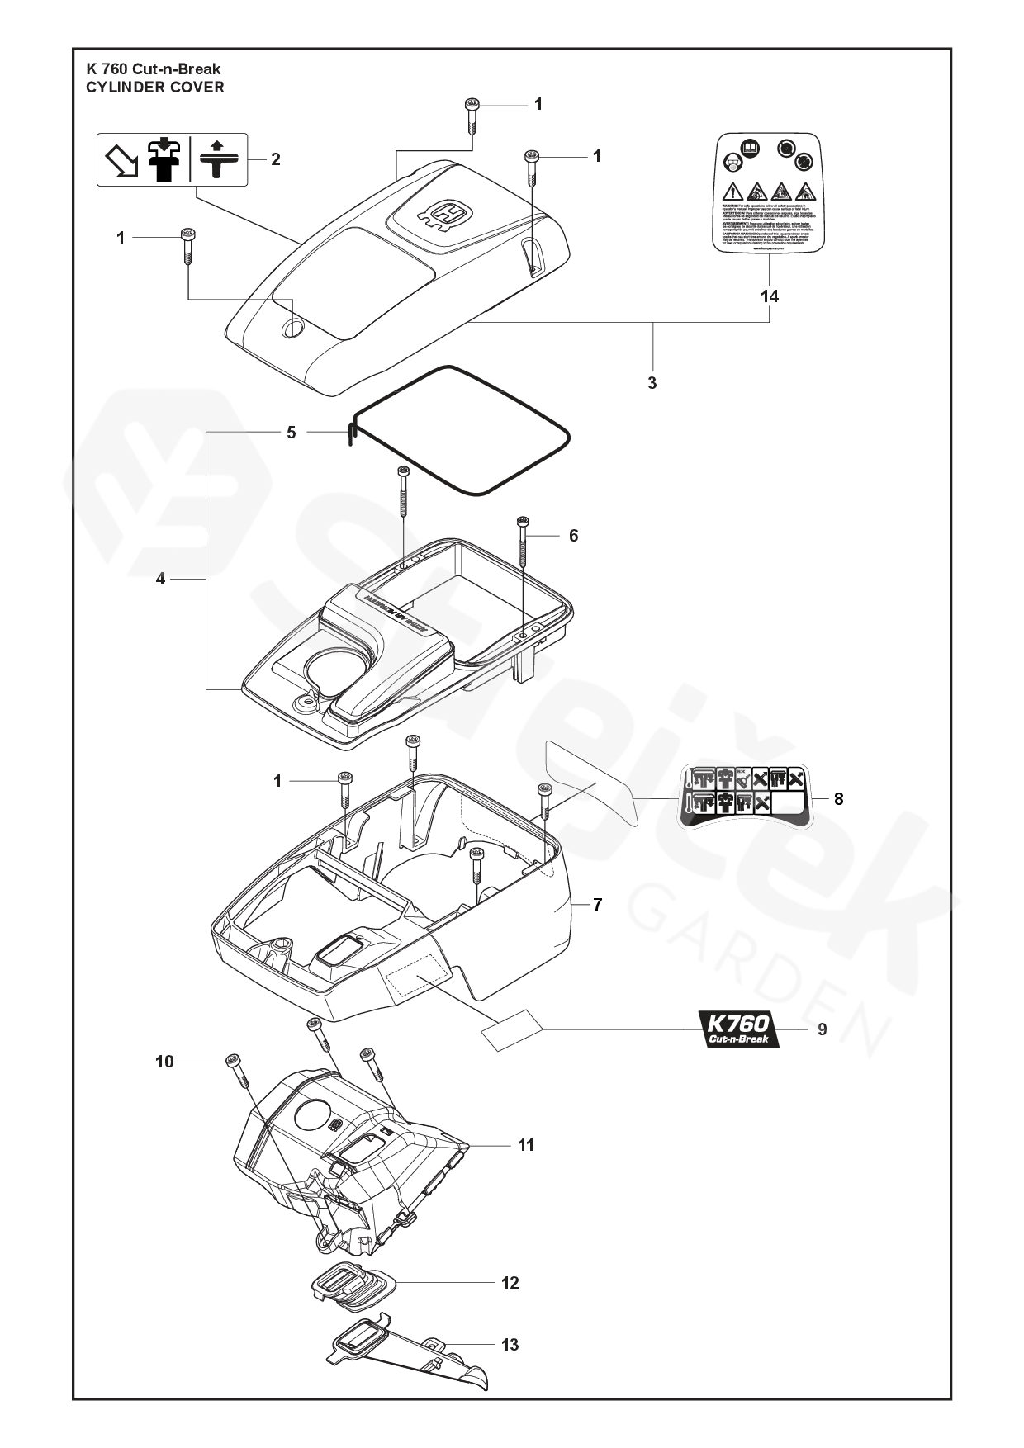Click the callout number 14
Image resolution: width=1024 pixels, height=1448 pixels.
tap(770, 296)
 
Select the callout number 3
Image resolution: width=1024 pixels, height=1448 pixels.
tap(652, 383)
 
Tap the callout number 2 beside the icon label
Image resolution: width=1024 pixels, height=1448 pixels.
tap(276, 159)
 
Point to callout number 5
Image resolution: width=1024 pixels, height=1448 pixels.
tap(291, 433)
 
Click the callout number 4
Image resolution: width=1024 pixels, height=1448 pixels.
tap(160, 580)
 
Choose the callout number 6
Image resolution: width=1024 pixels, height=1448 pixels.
tap(573, 536)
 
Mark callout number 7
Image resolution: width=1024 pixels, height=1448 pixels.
tap(597, 905)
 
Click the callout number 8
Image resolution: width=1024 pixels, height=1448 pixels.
tap(838, 799)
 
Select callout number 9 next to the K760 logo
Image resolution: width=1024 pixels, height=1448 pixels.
tap(822, 1029)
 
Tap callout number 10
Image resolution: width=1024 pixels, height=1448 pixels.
tap(164, 1062)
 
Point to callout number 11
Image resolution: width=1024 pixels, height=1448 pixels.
tap(526, 1145)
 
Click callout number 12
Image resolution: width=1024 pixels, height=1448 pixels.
tap(510, 1282)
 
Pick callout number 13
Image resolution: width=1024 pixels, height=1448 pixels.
tap(510, 1345)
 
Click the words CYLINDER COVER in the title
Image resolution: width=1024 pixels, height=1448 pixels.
tap(155, 87)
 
